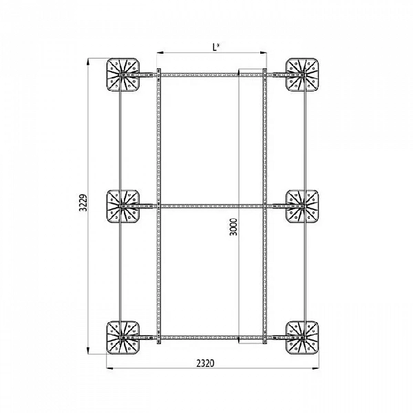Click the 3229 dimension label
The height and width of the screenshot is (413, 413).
tap(83, 203)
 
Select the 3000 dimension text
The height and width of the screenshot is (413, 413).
tap(233, 226)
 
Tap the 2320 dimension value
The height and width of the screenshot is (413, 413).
tap(205, 363)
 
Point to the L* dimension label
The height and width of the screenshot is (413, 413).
tap(216, 47)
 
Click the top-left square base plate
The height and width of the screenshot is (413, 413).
tap(123, 75)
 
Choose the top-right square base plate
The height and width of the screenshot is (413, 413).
tap(302, 75)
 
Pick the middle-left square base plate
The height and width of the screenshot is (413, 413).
tap(123, 206)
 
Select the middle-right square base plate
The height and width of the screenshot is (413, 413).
tap(302, 206)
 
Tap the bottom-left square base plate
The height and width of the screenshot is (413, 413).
tap(123, 337)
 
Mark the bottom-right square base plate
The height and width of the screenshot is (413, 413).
tap(302, 337)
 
